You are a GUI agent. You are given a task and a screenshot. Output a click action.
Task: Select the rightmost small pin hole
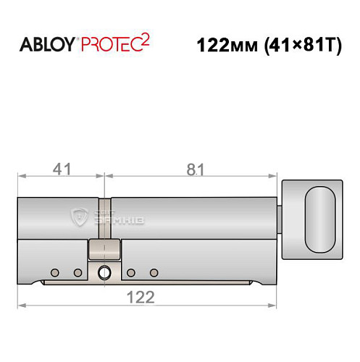pyautogui.click(x=154, y=272)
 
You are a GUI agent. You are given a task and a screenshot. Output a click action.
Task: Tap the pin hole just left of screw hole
pyautogui.click(x=78, y=272)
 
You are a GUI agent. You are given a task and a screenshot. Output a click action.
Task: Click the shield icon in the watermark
pyautogui.click(x=82, y=215)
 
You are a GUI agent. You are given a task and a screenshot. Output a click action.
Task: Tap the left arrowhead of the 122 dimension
pyautogui.click(x=22, y=305)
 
